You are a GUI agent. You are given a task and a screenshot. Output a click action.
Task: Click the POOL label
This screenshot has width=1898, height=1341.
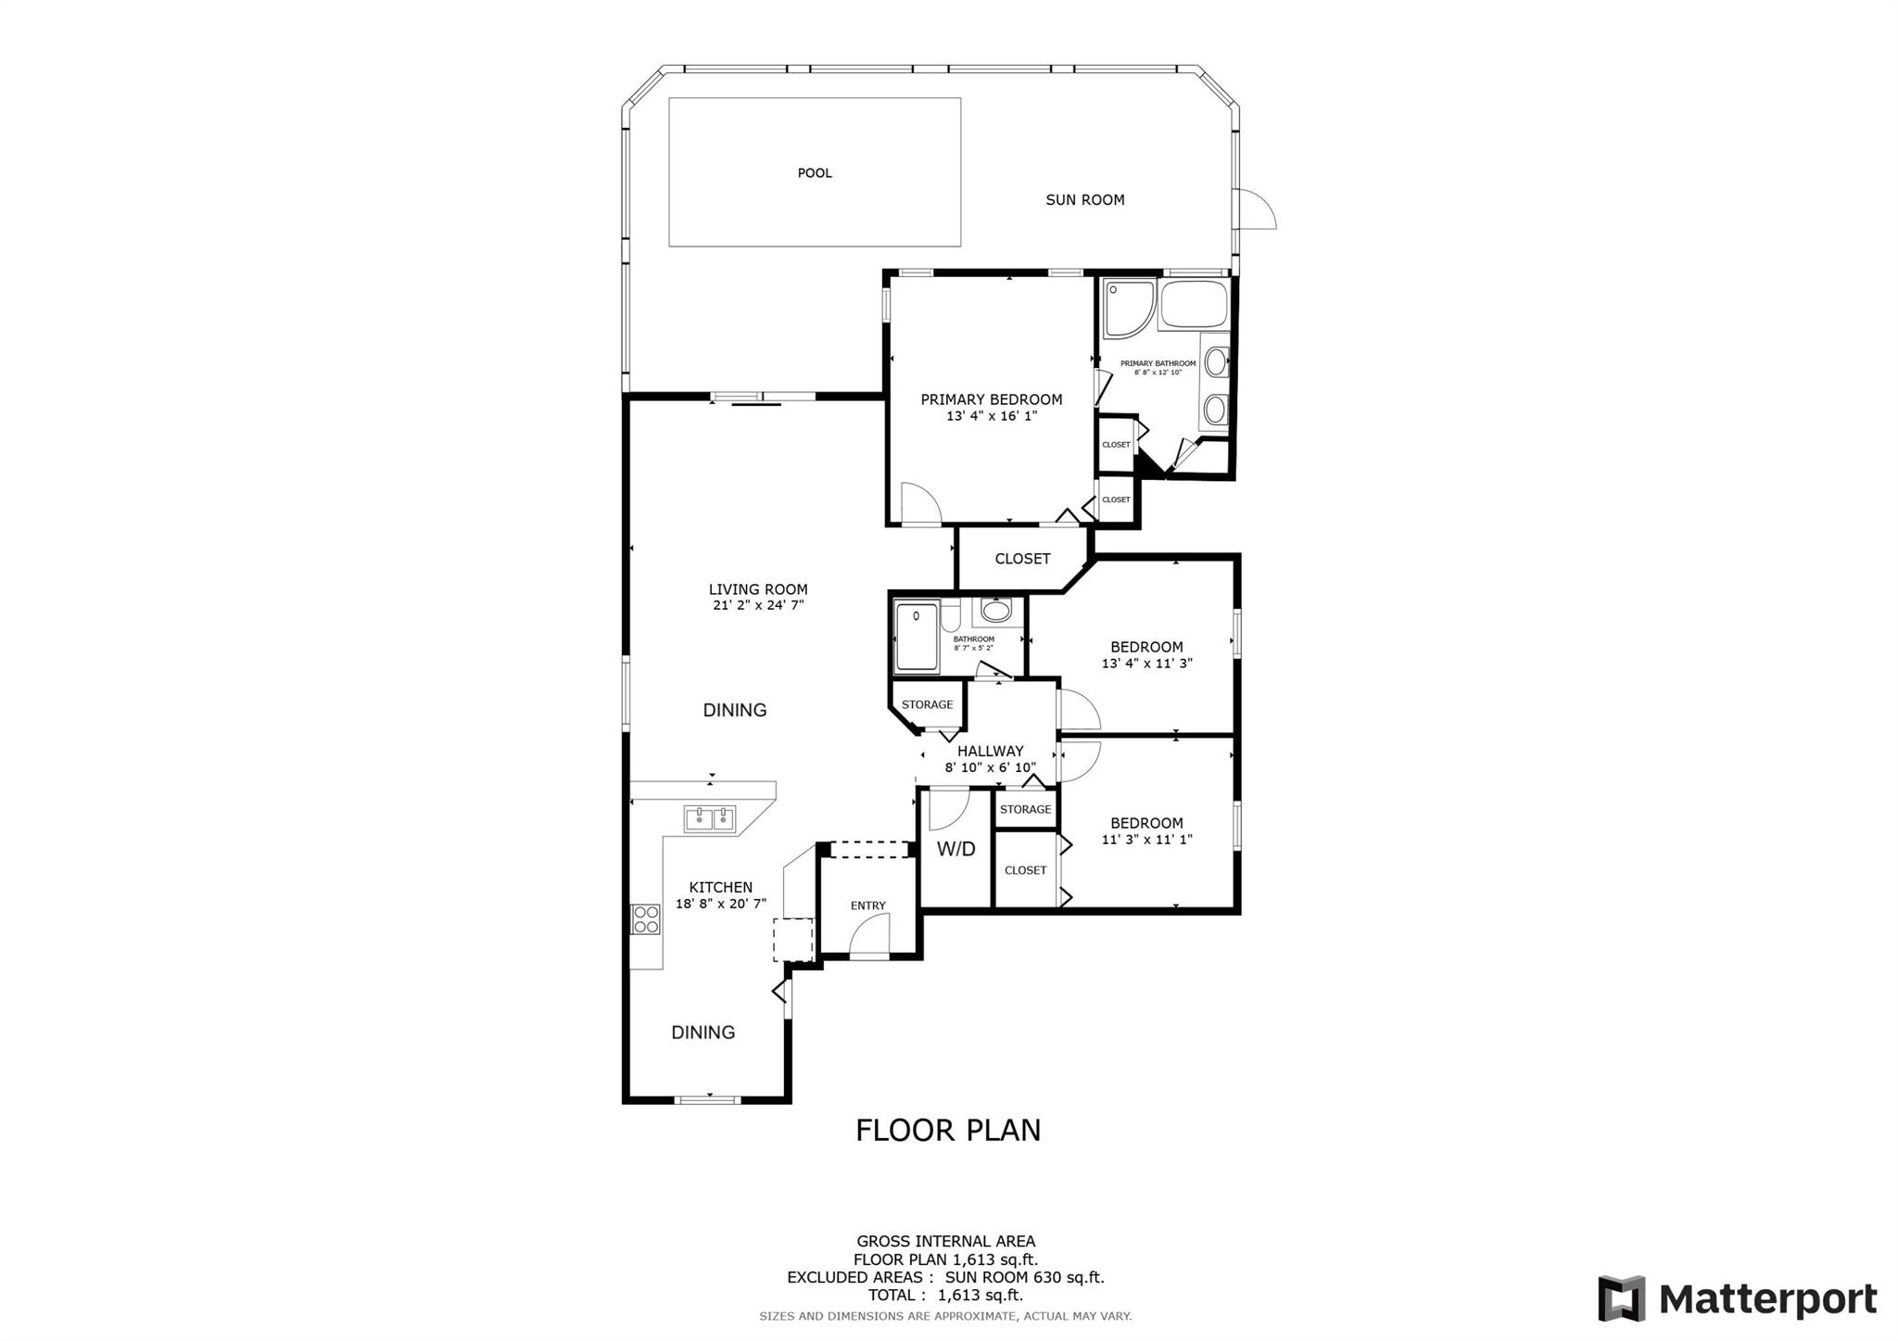(x=815, y=173)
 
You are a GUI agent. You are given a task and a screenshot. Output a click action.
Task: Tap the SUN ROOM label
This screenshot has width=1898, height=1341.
(x=1085, y=200)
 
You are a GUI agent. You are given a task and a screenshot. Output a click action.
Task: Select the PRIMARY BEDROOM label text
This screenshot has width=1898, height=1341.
(x=992, y=399)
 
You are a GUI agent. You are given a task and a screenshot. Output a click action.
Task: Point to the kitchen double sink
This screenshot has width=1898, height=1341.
(x=710, y=819)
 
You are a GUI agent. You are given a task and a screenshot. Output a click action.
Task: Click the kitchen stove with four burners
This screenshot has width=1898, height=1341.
(x=646, y=919)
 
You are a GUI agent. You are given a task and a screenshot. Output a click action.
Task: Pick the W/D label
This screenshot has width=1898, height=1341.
(x=955, y=849)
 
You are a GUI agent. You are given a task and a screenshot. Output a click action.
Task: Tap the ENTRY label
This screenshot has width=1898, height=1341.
(x=868, y=905)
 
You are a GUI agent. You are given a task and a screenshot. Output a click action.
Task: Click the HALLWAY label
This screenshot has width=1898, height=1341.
(x=991, y=752)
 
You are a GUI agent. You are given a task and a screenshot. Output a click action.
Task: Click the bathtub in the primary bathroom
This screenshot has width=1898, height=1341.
(x=1194, y=304)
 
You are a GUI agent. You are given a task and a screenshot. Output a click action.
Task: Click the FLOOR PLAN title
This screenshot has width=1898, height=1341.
(x=948, y=1131)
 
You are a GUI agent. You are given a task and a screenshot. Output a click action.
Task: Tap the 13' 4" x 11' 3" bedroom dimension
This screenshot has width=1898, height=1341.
(x=1147, y=664)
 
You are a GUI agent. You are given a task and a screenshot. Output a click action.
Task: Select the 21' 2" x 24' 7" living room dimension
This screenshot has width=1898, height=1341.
(x=758, y=605)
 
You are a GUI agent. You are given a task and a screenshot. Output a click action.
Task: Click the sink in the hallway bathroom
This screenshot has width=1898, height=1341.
(x=996, y=612)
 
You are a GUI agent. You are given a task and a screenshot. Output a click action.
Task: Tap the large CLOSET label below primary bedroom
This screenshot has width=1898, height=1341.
(x=1022, y=559)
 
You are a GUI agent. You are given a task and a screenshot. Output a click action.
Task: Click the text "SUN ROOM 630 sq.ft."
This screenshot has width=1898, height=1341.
(x=1025, y=1277)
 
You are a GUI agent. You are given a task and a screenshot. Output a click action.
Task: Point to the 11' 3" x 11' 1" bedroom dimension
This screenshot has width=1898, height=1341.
(x=1147, y=840)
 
